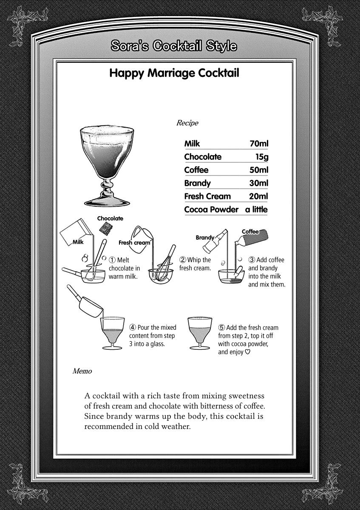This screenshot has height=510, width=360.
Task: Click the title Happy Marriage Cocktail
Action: coord(174,73)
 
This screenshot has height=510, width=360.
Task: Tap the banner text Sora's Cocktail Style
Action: coord(173,46)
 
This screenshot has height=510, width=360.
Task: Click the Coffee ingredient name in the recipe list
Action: coord(196,170)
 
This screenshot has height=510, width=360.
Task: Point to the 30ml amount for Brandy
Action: coord(259,183)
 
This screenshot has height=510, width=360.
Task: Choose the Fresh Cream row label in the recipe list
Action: coord(207,196)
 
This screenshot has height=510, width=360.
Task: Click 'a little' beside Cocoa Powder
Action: coord(256,210)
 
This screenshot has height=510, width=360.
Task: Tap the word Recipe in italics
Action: coord(187,123)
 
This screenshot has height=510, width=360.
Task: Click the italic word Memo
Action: coord(82,371)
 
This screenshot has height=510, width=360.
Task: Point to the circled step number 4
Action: coord(133,328)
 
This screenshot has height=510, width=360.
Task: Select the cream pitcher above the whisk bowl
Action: coord(142,235)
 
